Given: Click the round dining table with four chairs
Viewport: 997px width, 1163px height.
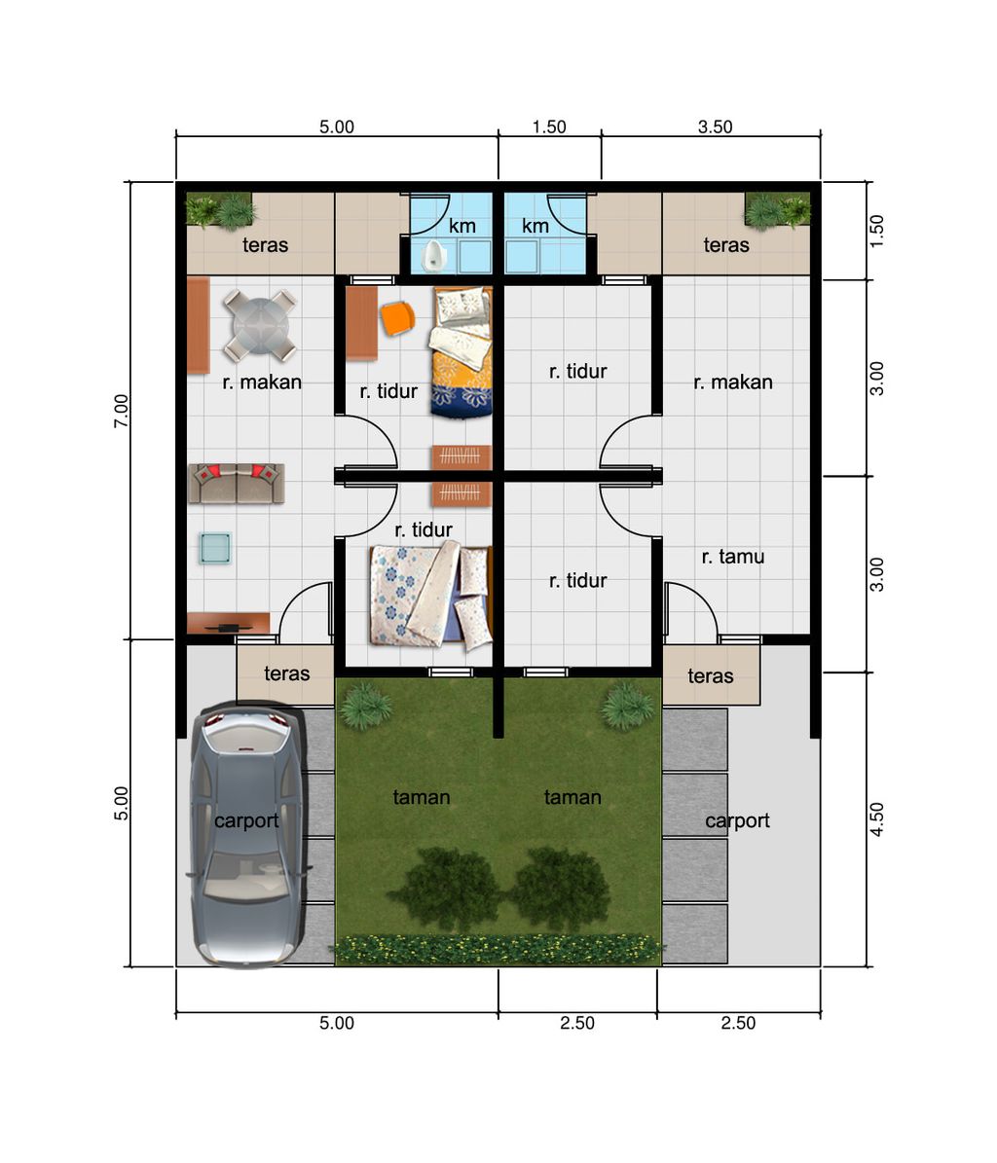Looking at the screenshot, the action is coord(260,325).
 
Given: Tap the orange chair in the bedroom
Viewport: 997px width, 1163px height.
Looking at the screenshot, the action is coord(397,318).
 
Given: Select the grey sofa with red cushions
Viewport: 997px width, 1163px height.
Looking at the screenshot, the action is coord(237,483).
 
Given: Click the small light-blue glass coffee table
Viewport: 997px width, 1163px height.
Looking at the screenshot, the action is coord(215,548).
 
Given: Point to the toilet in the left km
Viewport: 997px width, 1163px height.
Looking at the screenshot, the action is coord(432,255).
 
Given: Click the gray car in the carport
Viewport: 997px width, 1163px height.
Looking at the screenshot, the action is coord(248,834).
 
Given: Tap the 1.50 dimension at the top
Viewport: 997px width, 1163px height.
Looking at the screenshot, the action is coord(549,127).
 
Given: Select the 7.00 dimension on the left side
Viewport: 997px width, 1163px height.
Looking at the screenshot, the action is coord(121,410).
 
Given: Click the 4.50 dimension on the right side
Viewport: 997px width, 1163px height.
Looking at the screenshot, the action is coord(877,818).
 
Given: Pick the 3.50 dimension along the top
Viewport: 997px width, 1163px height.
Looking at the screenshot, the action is coord(715,127).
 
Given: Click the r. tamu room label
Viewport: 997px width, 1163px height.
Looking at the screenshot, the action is coord(733,557).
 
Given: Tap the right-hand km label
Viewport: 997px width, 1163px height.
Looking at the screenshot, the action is coord(535,226).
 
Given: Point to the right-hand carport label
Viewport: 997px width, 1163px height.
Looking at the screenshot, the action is coord(737,820).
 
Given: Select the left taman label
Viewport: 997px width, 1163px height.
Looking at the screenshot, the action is coord(422,797).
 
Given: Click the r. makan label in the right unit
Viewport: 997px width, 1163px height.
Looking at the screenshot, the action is coord(733,382).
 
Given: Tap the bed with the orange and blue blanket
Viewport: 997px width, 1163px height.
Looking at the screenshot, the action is coord(461,352).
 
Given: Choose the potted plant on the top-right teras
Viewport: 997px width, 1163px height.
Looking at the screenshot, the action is coord(777,210).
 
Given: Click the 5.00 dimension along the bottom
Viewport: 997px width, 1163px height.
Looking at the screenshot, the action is coord(337,1023).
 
